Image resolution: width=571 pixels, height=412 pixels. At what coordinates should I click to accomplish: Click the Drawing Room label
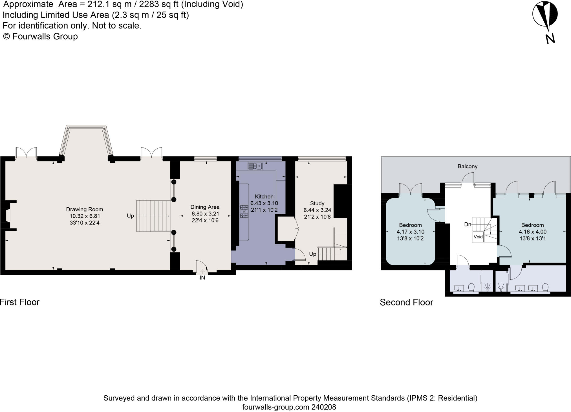[85, 209]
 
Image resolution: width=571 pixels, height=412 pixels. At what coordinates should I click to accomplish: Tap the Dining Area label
[205, 207]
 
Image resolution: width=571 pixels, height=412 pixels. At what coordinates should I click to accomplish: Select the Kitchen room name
[264, 197]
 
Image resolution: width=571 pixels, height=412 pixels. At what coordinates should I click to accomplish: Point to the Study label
[317, 203]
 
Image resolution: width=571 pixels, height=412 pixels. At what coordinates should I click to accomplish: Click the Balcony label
[468, 166]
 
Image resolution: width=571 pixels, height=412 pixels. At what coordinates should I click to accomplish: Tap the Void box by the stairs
[478, 237]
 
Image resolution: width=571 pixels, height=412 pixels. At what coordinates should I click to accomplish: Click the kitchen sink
[255, 166]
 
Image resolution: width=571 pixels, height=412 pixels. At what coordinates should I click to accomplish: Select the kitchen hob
[244, 211]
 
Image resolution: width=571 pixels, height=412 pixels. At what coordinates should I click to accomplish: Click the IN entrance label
[202, 278]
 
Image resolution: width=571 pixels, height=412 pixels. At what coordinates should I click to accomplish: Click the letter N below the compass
[550, 38]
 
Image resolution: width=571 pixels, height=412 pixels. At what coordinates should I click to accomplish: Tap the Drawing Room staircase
[153, 216]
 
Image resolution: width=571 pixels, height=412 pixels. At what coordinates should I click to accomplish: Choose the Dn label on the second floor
[468, 225]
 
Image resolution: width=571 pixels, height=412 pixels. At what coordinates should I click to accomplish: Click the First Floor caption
[20, 302]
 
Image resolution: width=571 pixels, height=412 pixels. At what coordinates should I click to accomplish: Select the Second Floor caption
[406, 302]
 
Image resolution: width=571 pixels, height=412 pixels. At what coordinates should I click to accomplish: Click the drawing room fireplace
[8, 216]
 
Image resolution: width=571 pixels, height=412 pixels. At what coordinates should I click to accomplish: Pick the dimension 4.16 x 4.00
[532, 232]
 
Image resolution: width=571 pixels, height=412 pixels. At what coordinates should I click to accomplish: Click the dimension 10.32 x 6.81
[85, 216]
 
